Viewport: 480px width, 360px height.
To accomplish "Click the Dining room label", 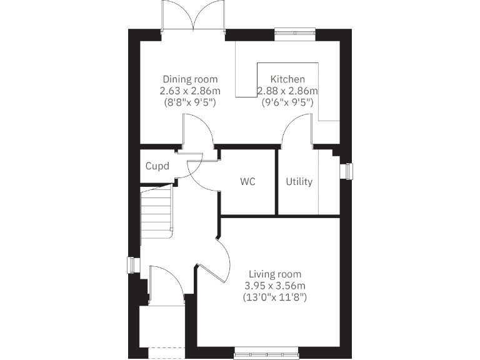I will click(x=190, y=79).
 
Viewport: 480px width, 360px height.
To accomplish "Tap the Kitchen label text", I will click(x=287, y=79).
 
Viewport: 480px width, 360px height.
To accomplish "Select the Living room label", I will click(x=275, y=274).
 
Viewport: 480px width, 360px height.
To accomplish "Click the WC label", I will click(x=248, y=182).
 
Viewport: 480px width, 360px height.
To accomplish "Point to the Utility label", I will click(x=299, y=182).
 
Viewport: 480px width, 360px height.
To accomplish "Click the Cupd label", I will click(x=157, y=166).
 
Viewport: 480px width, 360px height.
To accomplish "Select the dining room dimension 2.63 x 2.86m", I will click(x=190, y=91).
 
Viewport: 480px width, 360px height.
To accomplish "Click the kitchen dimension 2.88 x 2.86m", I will click(x=287, y=91).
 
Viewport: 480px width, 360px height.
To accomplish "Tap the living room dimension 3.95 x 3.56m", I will click(x=275, y=286).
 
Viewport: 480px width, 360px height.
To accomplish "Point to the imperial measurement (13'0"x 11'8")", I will click(x=275, y=297).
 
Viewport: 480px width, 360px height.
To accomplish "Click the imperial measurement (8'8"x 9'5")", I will click(x=190, y=102).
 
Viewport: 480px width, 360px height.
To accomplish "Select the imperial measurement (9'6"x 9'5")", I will click(x=287, y=102).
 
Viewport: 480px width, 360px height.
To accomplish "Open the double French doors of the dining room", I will click(x=194, y=17).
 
